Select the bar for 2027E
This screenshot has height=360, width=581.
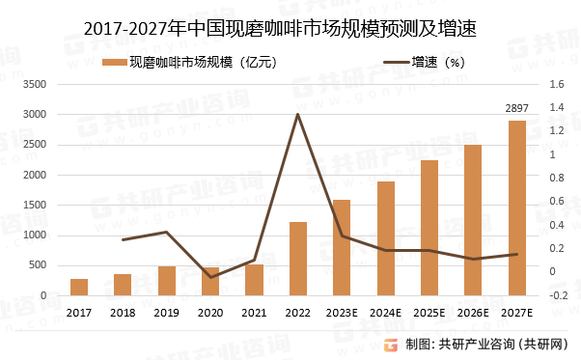517,208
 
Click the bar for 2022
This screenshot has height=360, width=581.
298,259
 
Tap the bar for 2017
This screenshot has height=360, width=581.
79,287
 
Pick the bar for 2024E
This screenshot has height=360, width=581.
386,238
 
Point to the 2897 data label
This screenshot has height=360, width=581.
517,108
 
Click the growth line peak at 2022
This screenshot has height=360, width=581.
297,114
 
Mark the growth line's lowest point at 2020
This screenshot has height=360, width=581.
210,277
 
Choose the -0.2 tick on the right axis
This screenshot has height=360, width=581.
557,295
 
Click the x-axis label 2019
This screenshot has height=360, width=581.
167,313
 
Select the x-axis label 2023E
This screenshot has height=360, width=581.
342,313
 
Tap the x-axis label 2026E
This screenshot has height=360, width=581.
473,313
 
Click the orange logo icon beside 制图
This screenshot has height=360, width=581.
391,345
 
